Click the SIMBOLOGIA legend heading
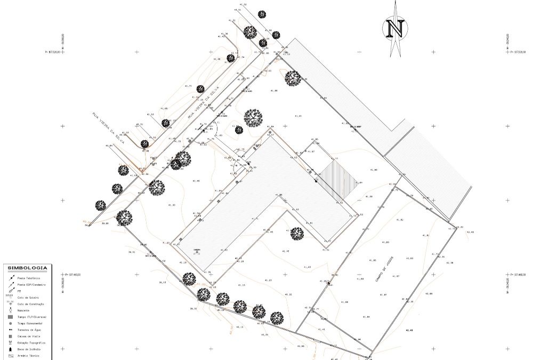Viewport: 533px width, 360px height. coord(27,268)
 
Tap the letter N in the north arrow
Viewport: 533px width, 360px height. coord(395,28)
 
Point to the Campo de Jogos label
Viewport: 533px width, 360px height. coord(383,271)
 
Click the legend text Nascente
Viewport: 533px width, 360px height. coord(23,310)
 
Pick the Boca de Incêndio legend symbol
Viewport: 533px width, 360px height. coord(10,349)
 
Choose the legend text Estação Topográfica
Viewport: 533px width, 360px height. coord(31,342)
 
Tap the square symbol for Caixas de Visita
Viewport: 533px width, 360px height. coord(10,336)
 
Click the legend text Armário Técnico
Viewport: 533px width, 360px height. coord(28,355)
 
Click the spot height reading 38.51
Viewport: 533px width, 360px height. coord(131,252)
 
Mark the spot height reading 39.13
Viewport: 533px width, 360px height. coord(162,282)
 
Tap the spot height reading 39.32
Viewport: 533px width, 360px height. coord(193,308)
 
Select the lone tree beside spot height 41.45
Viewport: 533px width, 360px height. coord(297,233)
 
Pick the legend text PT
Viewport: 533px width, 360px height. coord(19,291)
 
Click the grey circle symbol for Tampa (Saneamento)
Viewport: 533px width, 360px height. coord(10,323)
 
